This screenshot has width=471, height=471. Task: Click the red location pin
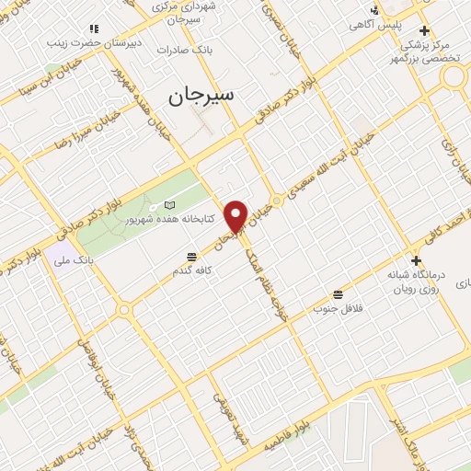tap(236, 215)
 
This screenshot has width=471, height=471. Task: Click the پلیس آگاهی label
tap(395, 27)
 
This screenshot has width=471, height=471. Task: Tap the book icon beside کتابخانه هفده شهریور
tap(167, 204)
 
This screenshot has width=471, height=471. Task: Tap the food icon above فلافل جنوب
tap(339, 294)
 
